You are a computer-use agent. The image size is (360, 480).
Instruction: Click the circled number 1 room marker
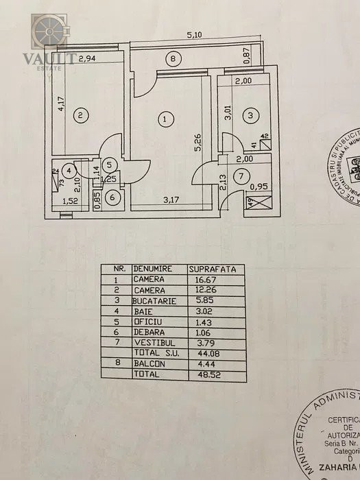pyautogui.click(x=165, y=119)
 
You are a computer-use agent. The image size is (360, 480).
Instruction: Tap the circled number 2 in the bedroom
pyautogui.click(x=80, y=115)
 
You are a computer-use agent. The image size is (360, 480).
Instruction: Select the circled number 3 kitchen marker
pyautogui.click(x=251, y=116)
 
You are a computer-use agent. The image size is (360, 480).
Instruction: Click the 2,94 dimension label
pyautogui.click(x=86, y=59)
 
